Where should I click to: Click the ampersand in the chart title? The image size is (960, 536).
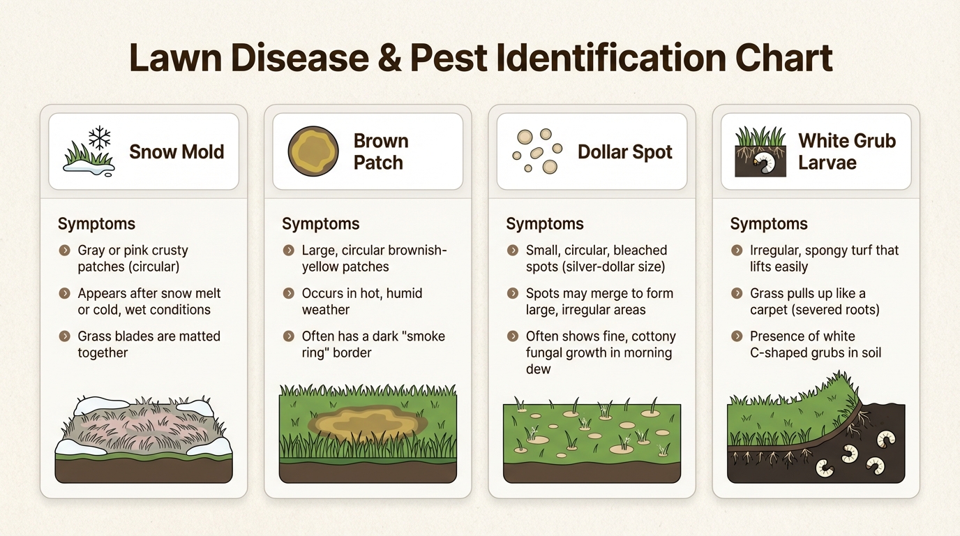pyautogui.click(x=391, y=57)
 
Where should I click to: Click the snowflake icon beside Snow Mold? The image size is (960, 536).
pyautogui.click(x=100, y=137)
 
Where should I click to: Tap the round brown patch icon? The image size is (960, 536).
pyautogui.click(x=308, y=151)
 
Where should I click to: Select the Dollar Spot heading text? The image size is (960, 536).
pyautogui.click(x=624, y=151)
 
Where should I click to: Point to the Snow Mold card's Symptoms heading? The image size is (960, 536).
pyautogui.click(x=96, y=224)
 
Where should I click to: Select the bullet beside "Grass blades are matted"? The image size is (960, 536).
pyautogui.click(x=64, y=336)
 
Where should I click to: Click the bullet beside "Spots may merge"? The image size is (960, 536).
pyautogui.click(x=513, y=294)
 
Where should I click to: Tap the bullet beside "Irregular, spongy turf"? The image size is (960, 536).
pyautogui.click(x=737, y=251)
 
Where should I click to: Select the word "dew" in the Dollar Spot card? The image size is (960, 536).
pyautogui.click(x=538, y=369)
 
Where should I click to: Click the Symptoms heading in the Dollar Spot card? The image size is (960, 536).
pyautogui.click(x=545, y=224)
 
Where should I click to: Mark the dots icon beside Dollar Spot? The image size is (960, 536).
pyautogui.click(x=537, y=151)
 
